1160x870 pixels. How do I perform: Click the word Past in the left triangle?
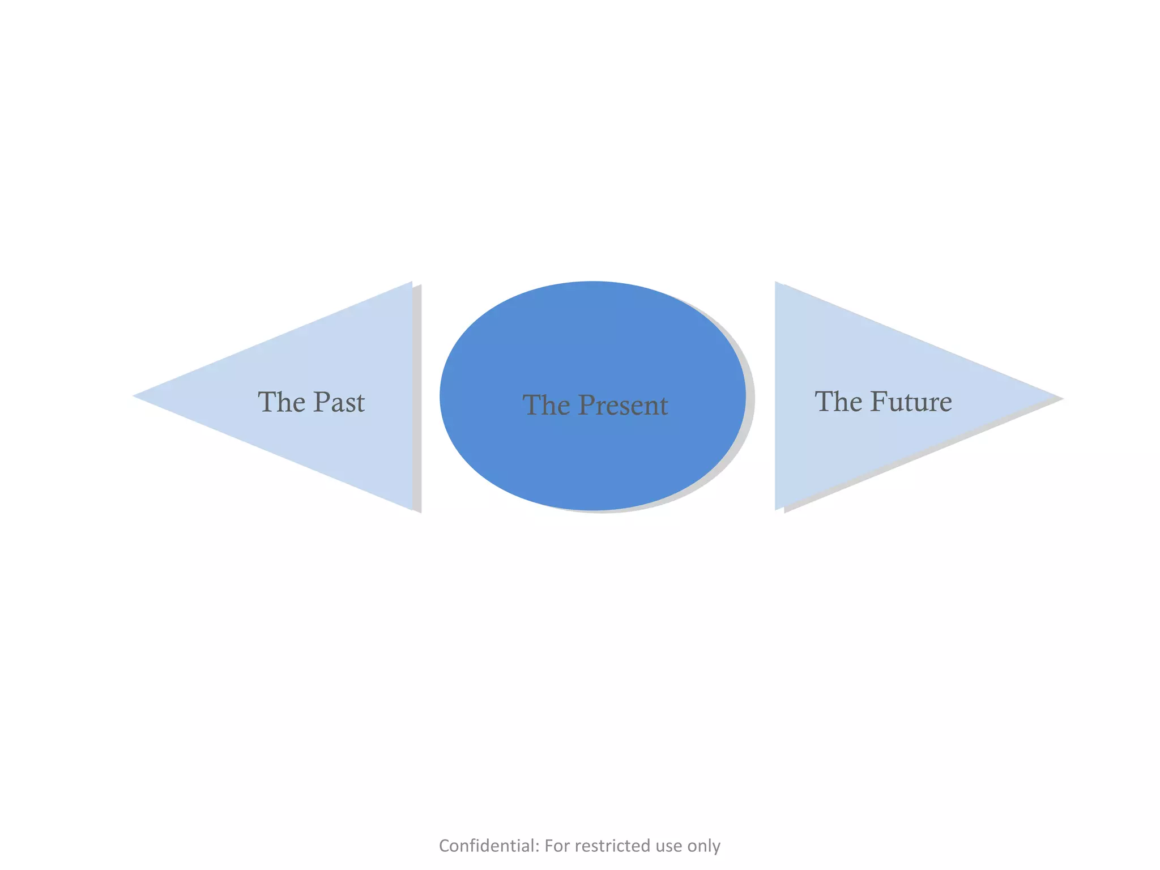pos(339,402)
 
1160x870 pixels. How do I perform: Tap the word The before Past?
pos(282,402)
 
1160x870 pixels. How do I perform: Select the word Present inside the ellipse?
pos(623,406)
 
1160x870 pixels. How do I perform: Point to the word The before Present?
pos(546,406)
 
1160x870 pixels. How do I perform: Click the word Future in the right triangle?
pos(911,402)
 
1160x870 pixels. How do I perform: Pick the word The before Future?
pos(838,402)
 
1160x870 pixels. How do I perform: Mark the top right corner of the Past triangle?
pos(411,283)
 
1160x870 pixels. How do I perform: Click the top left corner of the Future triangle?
pos(776,283)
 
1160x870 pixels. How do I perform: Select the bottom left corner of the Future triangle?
pos(776,509)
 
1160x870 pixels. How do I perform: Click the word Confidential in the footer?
pos(489,846)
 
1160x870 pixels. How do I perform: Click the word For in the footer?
pos(557,846)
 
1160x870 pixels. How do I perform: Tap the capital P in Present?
pos(587,406)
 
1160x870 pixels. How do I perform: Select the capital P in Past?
pos(322,402)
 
